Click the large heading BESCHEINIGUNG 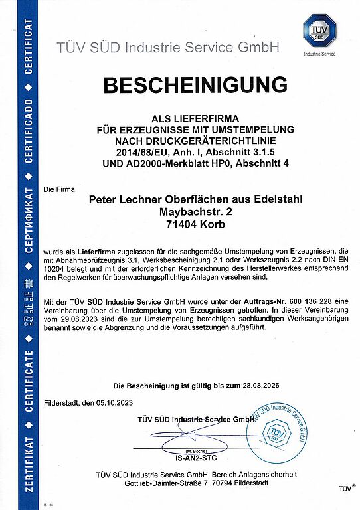(195, 86)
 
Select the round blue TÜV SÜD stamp (284, 430)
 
